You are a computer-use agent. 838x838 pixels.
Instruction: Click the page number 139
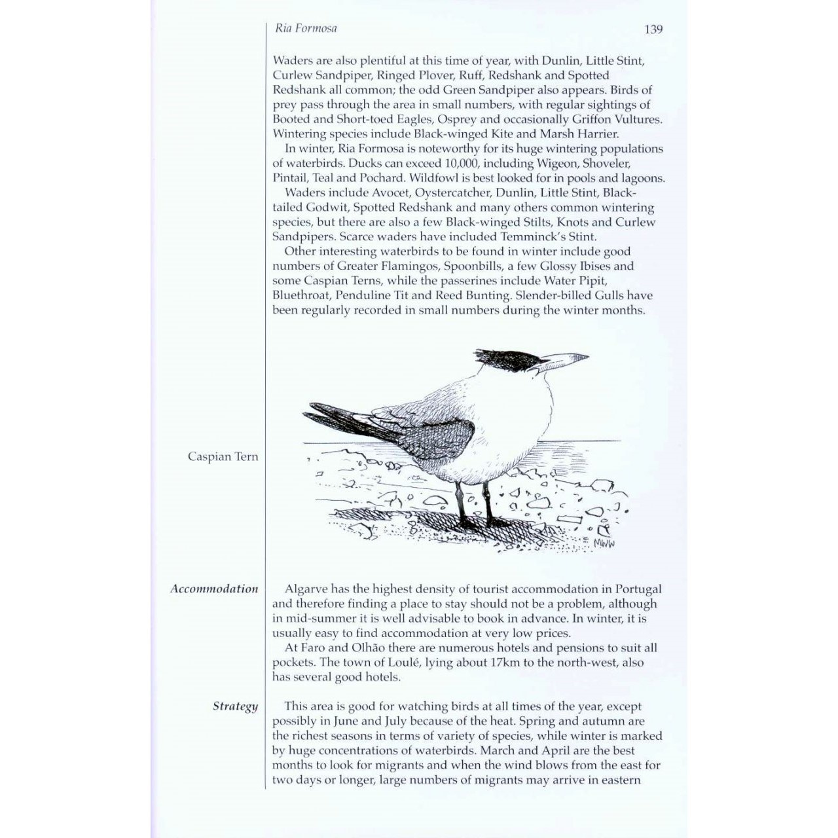click(653, 29)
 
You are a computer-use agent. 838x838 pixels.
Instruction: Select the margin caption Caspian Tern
click(223, 456)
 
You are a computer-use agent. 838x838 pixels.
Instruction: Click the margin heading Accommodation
click(214, 589)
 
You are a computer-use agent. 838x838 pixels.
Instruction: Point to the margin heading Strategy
click(235, 706)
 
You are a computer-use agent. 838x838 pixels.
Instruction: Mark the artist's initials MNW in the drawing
click(606, 542)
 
